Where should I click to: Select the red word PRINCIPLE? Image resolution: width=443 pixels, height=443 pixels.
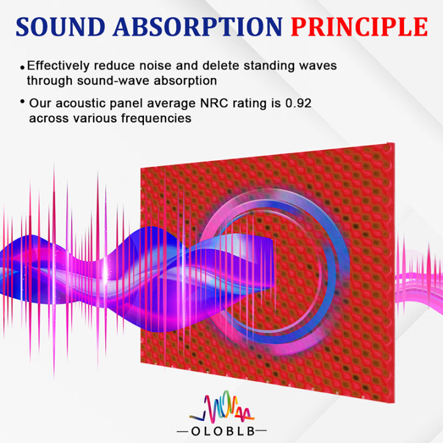[x=359, y=27]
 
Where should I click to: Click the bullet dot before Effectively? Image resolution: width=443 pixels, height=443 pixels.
[x=23, y=66]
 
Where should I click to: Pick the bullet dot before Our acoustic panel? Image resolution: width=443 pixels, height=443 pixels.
[x=23, y=102]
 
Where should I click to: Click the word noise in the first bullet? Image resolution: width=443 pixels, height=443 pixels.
[x=163, y=66]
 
